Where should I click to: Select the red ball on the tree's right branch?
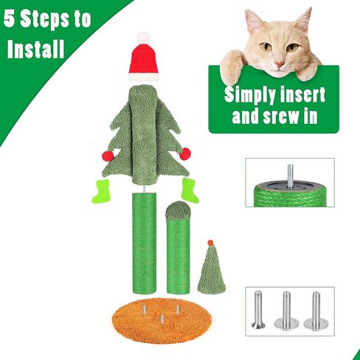[185, 153]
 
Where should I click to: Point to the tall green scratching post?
[144, 243]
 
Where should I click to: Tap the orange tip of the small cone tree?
[210, 243]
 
